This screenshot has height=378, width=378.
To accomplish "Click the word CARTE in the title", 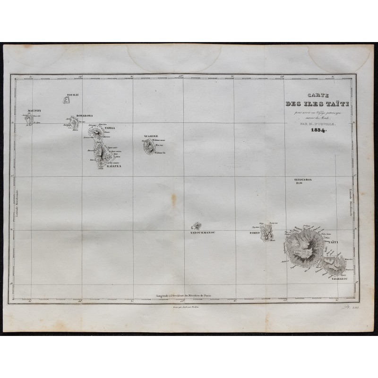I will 312,94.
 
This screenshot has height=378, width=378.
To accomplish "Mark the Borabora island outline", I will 73,123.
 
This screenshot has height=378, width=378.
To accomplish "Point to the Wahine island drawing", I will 148,147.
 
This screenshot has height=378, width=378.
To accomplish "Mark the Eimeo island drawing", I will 267,232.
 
